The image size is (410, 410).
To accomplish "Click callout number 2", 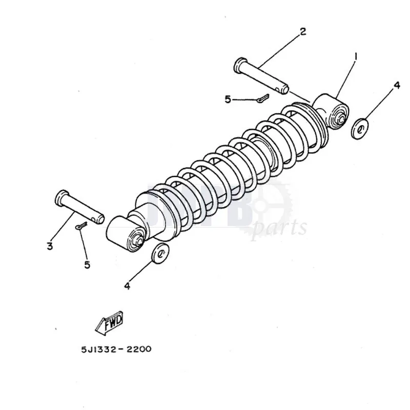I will tap(303, 32).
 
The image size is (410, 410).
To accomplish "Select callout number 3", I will tap(50, 247).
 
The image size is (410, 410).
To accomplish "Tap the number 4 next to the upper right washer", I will tap(396, 86).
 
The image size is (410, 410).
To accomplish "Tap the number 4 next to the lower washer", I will tap(127, 286).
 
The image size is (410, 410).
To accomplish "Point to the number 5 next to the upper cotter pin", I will tap(228, 99).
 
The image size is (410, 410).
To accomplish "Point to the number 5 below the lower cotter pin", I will tap(87, 264).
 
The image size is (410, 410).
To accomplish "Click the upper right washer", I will tap(361, 128).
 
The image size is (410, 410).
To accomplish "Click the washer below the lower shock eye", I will tap(160, 254).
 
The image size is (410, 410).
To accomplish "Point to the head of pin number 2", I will tap(239, 65).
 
